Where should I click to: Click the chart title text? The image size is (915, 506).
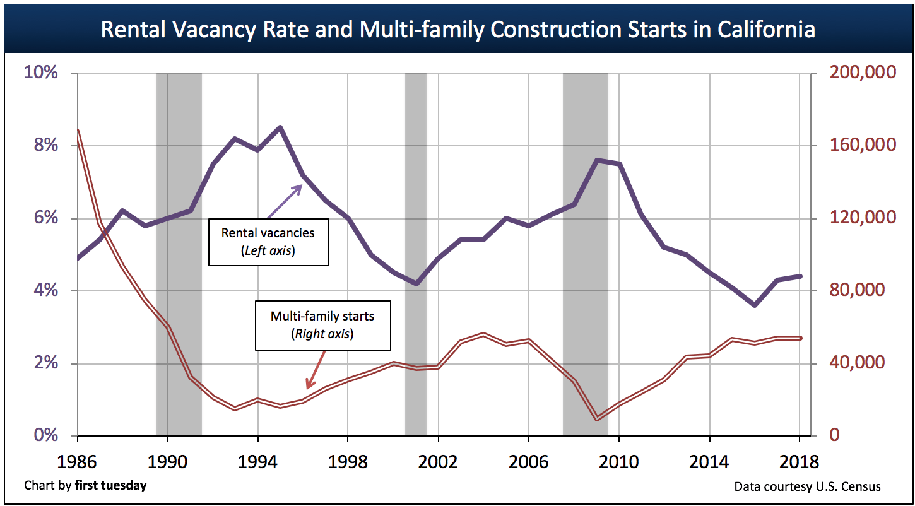click(458, 30)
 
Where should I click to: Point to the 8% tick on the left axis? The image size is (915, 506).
click(41, 146)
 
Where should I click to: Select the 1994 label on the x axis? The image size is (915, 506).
click(257, 462)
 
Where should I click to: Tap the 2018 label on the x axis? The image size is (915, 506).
click(799, 462)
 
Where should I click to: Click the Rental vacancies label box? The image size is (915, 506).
click(268, 241)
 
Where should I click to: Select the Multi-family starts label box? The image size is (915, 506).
click(322, 324)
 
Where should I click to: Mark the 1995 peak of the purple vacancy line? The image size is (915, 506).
click(280, 127)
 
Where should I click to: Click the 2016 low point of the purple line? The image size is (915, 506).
click(755, 305)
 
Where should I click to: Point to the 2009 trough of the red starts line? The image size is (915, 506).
click(596, 418)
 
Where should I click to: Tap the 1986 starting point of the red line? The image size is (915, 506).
click(78, 131)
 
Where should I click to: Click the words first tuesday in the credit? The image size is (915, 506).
click(110, 486)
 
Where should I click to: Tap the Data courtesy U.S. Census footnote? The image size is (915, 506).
click(807, 486)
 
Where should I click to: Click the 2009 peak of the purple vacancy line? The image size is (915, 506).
click(597, 160)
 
